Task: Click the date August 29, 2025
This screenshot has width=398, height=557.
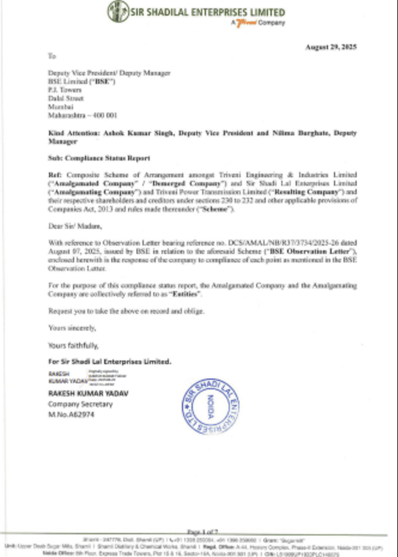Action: pyautogui.click(x=331, y=47)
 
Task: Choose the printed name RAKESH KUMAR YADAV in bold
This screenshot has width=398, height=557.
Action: pyautogui.click(x=87, y=393)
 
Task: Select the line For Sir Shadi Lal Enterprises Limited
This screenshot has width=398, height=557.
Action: pyautogui.click(x=109, y=361)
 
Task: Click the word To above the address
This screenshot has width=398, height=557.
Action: pyautogui.click(x=52, y=55)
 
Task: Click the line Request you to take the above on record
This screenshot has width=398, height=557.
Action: pyautogui.click(x=126, y=311)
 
